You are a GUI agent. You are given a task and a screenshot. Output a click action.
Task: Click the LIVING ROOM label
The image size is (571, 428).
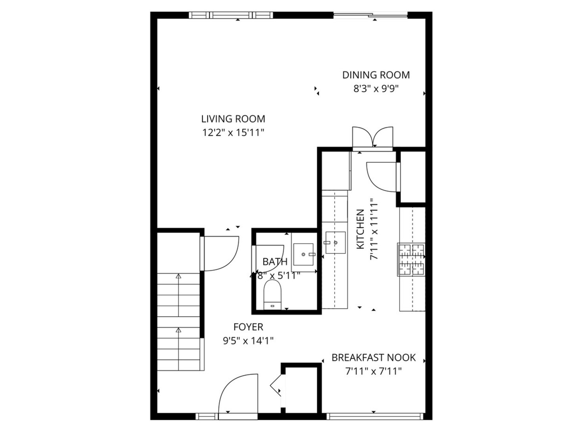coord(233,119)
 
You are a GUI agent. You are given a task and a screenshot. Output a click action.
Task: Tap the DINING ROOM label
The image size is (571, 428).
coord(376,75)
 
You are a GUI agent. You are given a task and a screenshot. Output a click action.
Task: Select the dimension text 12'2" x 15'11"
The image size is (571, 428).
coord(233,132)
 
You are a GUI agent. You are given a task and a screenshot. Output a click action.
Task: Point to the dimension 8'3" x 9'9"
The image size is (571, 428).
coord(376,88)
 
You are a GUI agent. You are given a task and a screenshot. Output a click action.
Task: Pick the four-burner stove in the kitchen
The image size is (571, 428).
coord(411,260)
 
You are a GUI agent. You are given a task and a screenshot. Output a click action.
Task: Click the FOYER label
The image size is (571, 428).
coord(248,327)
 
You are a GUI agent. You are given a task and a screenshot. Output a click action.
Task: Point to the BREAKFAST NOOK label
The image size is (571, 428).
coord(374,358)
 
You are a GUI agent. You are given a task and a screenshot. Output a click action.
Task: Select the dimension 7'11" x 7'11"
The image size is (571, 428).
coord(374,371)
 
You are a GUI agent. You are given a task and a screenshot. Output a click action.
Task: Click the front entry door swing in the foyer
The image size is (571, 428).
coord(237,394)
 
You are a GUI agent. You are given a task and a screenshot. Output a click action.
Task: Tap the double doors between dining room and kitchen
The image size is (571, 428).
coord(373,138)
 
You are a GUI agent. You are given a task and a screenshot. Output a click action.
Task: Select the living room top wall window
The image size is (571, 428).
coord(231,15)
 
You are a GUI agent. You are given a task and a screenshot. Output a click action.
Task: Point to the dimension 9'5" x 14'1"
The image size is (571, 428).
coord(248,340)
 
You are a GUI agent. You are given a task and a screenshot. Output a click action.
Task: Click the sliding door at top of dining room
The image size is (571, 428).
coord(370,16)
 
